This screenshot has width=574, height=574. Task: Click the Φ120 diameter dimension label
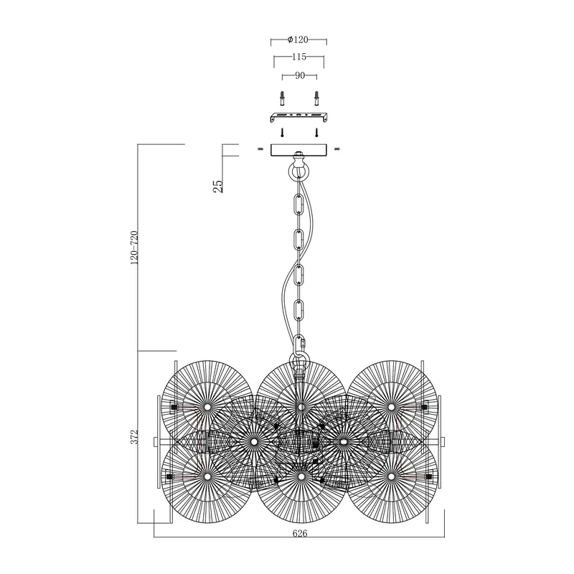[x=298, y=39]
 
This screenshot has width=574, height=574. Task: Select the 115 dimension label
[x=299, y=57]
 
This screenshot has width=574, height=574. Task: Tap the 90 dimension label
[x=300, y=76]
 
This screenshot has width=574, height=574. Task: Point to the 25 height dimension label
[x=218, y=186]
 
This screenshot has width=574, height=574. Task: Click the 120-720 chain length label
[x=134, y=248]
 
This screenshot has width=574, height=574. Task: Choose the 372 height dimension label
[x=134, y=437]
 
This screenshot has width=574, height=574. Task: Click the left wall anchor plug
[x=282, y=98]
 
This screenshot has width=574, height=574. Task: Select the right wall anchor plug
[x=316, y=98]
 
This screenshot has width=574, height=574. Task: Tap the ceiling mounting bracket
[x=298, y=117]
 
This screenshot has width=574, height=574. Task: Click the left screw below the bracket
[x=282, y=132]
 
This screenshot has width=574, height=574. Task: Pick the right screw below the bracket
[x=316, y=132]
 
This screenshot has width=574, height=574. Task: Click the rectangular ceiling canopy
[x=298, y=150]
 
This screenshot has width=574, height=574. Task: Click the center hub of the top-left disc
[x=207, y=407]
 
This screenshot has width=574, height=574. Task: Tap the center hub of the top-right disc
[x=391, y=407]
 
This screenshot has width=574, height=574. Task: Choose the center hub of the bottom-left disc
[x=207, y=476]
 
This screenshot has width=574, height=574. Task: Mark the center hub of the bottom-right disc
[x=391, y=476]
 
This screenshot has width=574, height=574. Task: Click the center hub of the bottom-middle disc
[x=301, y=476]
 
